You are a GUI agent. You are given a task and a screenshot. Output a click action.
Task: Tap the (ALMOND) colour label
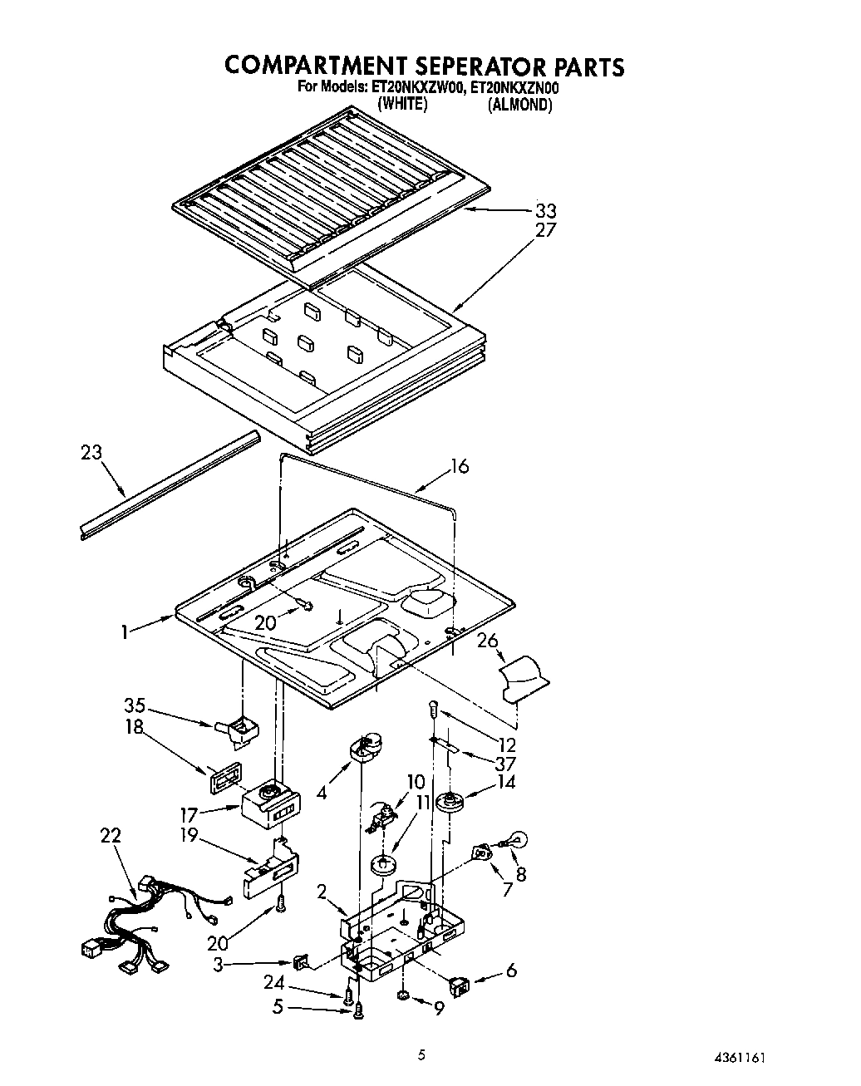pyautogui.click(x=519, y=105)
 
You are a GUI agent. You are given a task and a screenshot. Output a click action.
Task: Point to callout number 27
pyautogui.click(x=545, y=230)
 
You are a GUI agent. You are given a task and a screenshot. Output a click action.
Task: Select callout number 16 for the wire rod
pyautogui.click(x=460, y=466)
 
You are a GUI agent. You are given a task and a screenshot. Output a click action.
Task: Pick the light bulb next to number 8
pyautogui.click(x=519, y=840)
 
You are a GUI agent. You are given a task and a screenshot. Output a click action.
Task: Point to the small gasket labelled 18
pyautogui.click(x=225, y=779)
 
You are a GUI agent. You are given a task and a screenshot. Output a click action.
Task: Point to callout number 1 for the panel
pyautogui.click(x=124, y=631)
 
